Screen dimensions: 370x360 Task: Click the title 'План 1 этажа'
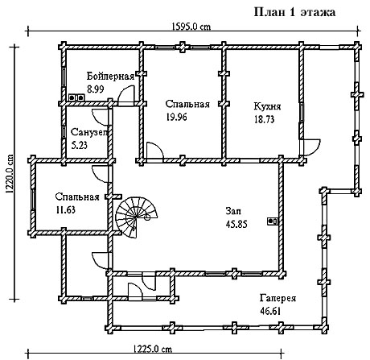(294, 12)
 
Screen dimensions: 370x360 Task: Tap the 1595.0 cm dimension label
(191, 27)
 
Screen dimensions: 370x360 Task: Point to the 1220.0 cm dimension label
(10, 174)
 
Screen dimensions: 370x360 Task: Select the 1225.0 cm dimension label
(152, 349)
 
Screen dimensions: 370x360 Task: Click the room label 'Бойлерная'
(110, 77)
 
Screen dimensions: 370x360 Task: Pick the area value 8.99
(96, 89)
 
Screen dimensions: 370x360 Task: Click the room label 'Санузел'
(89, 132)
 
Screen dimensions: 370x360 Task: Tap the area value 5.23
(80, 145)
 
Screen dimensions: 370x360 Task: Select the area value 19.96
(176, 117)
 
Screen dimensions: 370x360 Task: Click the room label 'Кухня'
(267, 106)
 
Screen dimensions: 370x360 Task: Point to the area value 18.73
(265, 119)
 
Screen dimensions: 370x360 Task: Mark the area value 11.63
(65, 209)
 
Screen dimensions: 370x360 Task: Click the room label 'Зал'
(233, 211)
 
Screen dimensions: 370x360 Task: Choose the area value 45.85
(236, 224)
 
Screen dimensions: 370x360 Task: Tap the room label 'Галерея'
(277, 298)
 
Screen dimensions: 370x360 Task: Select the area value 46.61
(270, 311)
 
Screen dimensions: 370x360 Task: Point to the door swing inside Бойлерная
(126, 94)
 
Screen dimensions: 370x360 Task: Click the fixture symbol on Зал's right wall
(273, 221)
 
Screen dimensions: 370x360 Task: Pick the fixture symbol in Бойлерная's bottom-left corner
(76, 97)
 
